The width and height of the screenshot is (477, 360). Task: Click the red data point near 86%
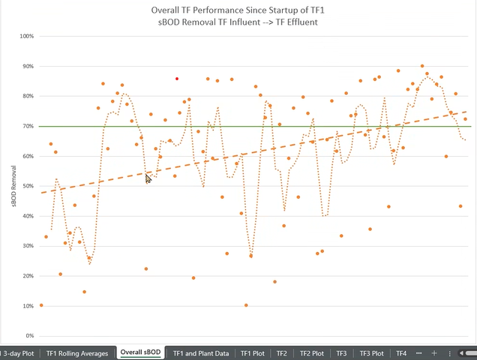coord(177,79)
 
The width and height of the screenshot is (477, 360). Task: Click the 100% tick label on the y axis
coord(27,36)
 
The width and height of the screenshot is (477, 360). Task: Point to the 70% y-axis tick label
coord(27,126)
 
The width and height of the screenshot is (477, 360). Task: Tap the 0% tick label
coord(29,336)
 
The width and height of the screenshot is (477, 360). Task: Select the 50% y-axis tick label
coord(27,186)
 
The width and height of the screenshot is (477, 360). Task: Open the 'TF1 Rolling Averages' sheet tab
coord(77,352)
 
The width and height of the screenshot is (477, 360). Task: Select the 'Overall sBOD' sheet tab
coord(141,352)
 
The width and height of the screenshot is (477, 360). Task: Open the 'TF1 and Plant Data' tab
coord(200,352)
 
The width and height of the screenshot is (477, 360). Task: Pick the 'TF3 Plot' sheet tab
coord(371,352)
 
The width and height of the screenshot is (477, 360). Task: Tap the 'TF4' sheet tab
coord(401,352)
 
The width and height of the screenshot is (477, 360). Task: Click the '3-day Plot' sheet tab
coord(18,352)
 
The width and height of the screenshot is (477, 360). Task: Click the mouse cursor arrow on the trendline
coord(148,178)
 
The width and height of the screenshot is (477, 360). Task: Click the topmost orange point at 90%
coord(422,66)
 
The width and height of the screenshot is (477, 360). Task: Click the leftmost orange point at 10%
coord(40,305)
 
